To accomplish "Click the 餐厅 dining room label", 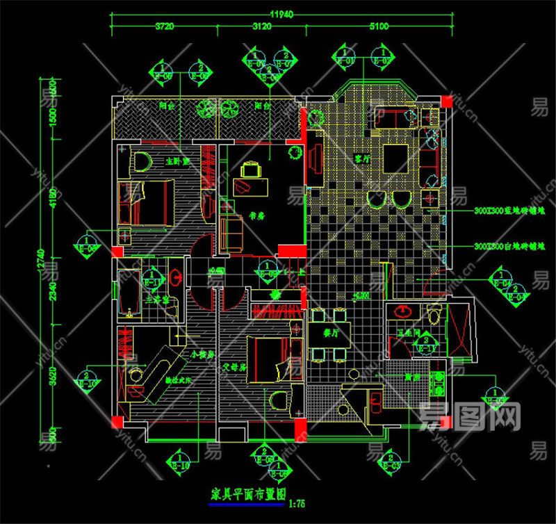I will [x=331, y=333].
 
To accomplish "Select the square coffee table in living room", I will [x=396, y=157].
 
